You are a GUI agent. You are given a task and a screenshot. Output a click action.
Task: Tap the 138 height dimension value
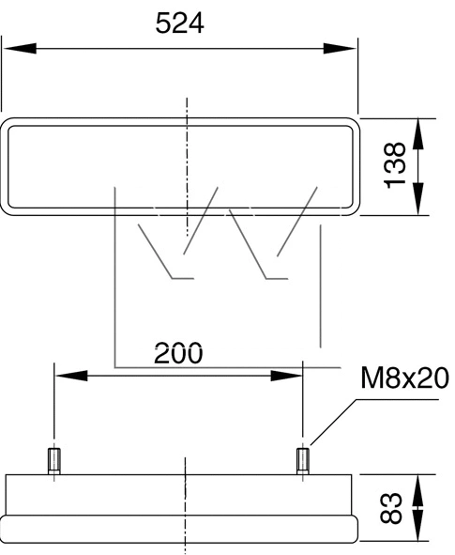396,165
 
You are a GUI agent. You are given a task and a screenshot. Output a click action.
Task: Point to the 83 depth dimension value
394,508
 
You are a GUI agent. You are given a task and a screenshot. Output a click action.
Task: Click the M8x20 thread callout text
404,379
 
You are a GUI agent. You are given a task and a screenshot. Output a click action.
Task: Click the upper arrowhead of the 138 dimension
419,130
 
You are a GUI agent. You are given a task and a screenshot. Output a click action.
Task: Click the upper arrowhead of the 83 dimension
419,486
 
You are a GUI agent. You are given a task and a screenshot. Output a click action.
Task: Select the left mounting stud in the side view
54,460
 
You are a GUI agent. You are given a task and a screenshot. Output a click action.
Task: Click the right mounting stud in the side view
302,460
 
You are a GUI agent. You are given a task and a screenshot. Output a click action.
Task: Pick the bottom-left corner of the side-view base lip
3,540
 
